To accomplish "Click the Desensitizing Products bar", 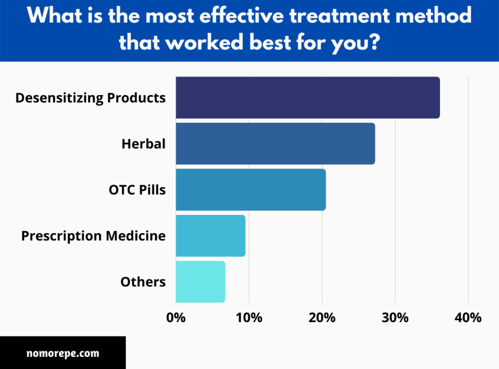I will tap(307, 97).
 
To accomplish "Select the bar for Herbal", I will tap(275, 144).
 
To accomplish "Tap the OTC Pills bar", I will tap(250, 190).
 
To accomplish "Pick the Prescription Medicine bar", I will tap(211, 236).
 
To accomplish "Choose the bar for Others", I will tap(200, 282).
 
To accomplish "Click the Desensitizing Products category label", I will tap(91, 97).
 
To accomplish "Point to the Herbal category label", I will tap(144, 144).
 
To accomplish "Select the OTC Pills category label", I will tap(137, 190).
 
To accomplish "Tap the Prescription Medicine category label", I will tap(94, 236).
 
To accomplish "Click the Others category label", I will tap(143, 282).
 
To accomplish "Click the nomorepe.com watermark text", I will tap(63, 353).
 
